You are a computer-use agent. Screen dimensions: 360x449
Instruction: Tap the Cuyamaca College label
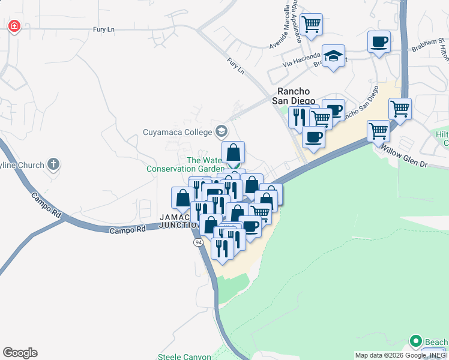click(178, 132)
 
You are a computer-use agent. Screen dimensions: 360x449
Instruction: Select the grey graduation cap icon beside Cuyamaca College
click(221, 131)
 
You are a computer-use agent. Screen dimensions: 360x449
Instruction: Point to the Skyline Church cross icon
click(53, 164)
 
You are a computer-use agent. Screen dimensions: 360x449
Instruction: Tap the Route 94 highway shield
click(198, 242)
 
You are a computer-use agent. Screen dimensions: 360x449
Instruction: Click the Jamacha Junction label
click(178, 221)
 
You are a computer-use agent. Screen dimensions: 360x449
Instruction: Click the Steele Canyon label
click(184, 356)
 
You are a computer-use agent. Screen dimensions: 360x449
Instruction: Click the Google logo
click(20, 353)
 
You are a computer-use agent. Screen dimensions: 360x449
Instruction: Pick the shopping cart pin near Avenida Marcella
click(312, 25)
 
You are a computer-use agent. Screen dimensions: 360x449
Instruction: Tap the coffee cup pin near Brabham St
click(378, 42)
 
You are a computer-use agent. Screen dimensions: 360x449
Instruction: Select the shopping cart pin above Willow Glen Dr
click(378, 129)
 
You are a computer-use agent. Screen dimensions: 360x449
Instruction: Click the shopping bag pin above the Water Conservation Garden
click(234, 152)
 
